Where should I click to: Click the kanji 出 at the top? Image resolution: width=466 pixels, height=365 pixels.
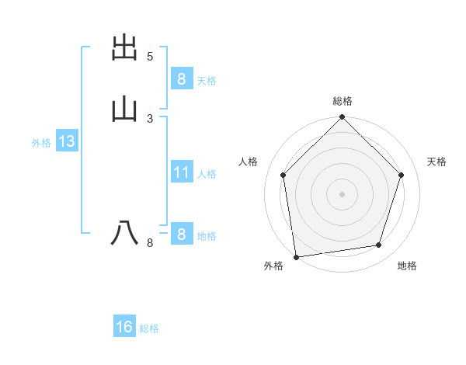coord(125,48)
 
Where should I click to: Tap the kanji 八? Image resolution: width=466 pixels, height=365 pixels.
coord(125,233)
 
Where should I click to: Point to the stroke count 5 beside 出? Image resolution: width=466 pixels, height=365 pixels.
coord(150,57)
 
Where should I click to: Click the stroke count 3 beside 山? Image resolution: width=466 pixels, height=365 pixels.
coord(150,118)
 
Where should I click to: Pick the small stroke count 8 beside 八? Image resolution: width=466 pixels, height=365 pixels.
coord(150,243)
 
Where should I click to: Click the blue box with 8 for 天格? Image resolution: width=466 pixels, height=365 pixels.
coord(181,78)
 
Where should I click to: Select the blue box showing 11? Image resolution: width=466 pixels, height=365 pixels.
coord(181,172)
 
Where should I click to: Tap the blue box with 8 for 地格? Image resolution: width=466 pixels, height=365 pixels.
coord(181,234)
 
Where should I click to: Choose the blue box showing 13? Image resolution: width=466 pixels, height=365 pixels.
coord(66,141)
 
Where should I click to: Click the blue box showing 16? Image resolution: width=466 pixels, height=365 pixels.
coord(124,327)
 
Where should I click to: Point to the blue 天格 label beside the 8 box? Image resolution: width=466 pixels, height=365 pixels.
coord(207,81)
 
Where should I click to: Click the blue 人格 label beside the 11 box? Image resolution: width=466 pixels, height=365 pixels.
coord(207,174)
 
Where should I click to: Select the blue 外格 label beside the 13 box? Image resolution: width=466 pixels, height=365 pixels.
coord(41,143)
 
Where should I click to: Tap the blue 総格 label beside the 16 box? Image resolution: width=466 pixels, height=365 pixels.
coord(149,329)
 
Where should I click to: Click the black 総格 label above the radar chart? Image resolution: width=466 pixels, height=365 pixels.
coord(343,101)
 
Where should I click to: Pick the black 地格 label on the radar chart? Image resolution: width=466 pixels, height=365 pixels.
coord(407,266)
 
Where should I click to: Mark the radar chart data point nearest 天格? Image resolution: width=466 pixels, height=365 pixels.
coord(402,175)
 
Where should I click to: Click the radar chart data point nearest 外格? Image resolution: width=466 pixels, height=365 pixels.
coord(296,256)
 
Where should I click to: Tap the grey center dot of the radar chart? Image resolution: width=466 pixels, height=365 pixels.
coord(343,193)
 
